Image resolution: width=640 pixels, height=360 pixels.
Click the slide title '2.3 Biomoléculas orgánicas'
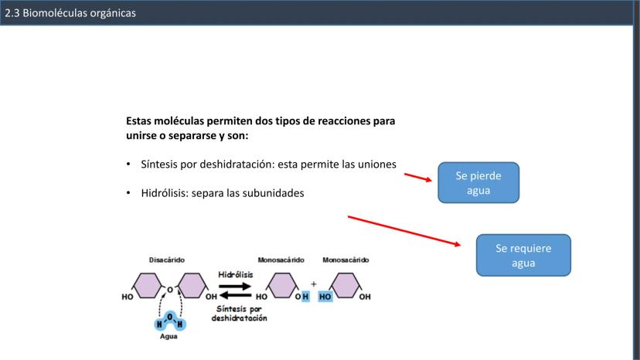point(70,13)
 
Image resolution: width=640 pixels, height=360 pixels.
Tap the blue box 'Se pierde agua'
point(478,182)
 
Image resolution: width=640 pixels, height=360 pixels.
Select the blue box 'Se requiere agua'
point(523,255)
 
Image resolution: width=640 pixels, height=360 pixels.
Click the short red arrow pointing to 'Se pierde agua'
point(418,177)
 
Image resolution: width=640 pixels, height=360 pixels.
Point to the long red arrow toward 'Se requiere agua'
point(404,231)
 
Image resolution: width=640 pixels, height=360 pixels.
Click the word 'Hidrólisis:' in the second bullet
point(165,193)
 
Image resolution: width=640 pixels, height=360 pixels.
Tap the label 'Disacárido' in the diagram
point(166,260)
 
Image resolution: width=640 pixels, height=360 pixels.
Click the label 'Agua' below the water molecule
point(169,336)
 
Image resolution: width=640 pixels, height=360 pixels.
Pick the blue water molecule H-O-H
point(170,321)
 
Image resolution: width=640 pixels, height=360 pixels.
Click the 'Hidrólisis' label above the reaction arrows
point(236,275)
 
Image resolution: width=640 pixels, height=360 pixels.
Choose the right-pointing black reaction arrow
point(235,286)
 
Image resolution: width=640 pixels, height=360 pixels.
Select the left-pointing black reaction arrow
point(235,295)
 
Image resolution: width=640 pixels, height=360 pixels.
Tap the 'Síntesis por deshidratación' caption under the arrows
point(239,314)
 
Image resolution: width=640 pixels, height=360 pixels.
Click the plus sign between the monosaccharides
point(314,284)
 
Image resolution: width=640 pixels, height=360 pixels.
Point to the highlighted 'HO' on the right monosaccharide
point(325,297)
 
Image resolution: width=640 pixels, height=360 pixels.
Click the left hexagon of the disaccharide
point(148,285)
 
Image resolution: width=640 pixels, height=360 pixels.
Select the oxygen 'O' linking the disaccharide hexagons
point(170,290)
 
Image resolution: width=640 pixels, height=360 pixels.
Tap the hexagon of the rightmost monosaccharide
point(346,285)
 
